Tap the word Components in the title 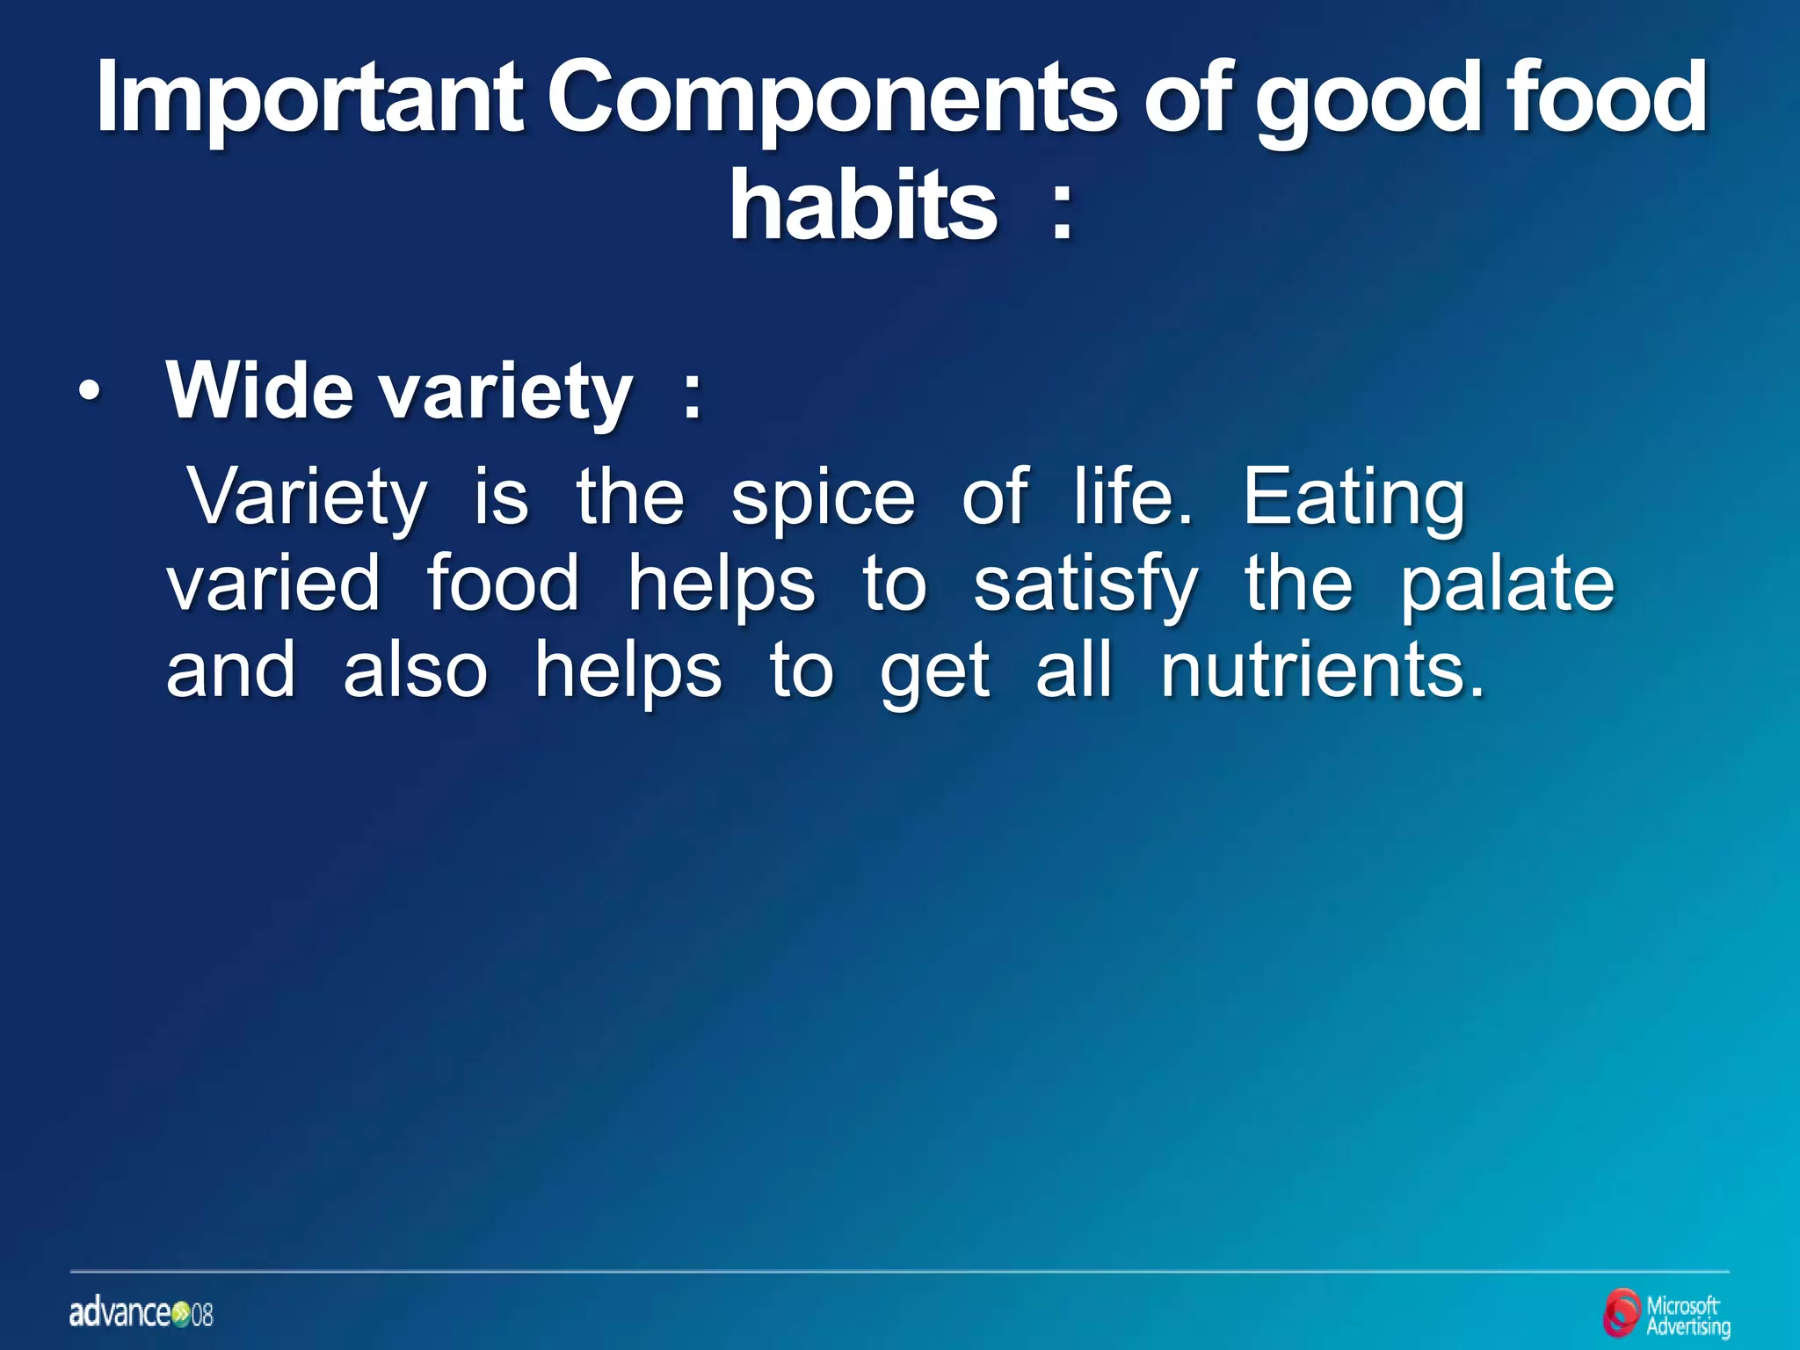(x=831, y=98)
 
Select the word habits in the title (x=863, y=207)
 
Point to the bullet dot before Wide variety (x=89, y=392)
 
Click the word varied (x=273, y=584)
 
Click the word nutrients (x=1322, y=671)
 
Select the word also (x=415, y=671)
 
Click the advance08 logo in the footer (x=141, y=1314)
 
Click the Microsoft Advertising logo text (x=1687, y=1316)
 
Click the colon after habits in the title (x=1062, y=215)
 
